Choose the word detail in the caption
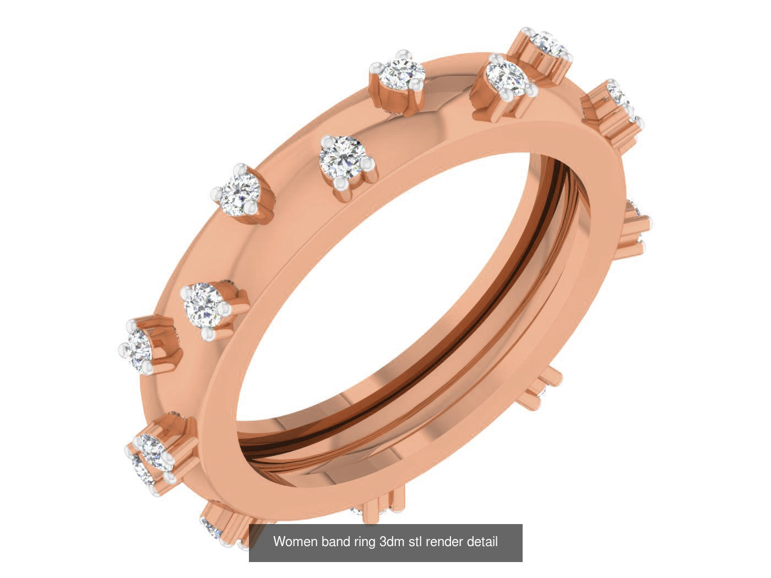[482, 542]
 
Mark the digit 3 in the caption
[383, 542]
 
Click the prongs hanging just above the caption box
[380, 504]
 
